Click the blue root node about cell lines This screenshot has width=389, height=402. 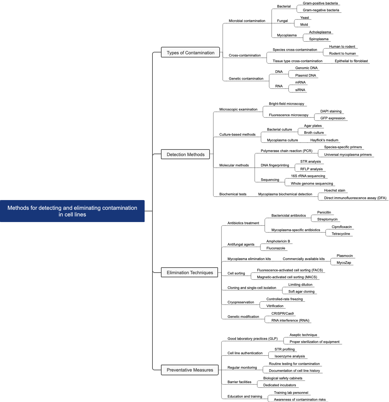coord(72,211)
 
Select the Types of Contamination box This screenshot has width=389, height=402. coord(190,53)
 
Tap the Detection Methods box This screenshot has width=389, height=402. coord(185,155)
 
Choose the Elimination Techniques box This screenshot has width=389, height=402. coord(190,273)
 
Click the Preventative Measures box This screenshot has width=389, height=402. coord(190,370)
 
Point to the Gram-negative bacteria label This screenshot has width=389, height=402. coord(321,10)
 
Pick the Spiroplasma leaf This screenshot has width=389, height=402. coord(319,39)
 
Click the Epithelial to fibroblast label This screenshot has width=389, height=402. coord(351,61)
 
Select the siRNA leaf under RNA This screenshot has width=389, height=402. coord(300,90)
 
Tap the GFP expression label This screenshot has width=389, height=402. coord(333,118)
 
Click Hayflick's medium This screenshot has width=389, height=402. coord(324,140)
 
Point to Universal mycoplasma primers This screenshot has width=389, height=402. coord(348,155)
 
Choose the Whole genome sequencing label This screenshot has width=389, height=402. coord(312,183)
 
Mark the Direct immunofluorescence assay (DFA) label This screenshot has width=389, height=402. coord(355,198)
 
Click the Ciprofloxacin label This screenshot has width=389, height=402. coord(342,227)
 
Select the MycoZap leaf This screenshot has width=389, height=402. coord(344,263)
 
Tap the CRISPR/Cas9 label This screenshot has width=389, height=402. coord(283,313)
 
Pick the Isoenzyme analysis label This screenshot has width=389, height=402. coord(290,356)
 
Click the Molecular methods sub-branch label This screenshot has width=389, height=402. coord(234,165)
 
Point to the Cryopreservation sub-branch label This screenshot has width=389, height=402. coord(241,302)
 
